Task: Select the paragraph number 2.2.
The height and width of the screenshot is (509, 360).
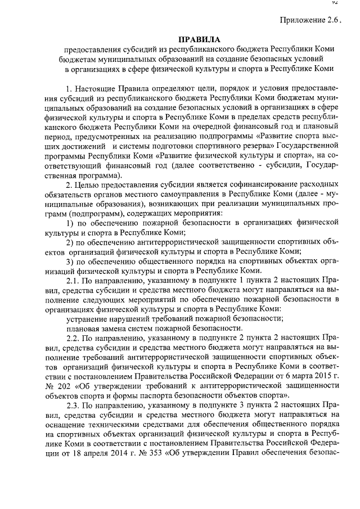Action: coord(74,339)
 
